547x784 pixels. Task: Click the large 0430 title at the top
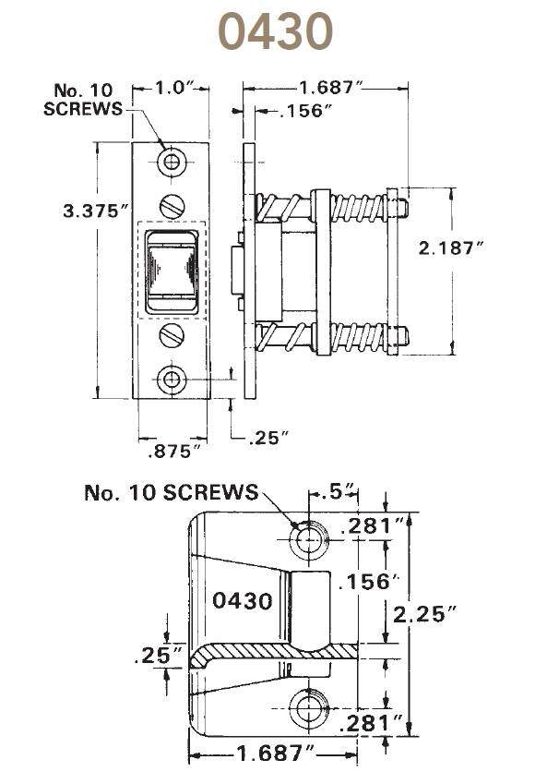275,32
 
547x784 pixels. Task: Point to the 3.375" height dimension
93,211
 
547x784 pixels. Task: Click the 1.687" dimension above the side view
329,88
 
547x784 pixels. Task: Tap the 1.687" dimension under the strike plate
270,753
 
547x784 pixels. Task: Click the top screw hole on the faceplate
170,163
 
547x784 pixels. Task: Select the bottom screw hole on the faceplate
170,379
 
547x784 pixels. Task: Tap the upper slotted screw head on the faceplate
170,203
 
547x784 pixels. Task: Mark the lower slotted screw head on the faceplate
170,333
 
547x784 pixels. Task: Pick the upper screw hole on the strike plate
307,538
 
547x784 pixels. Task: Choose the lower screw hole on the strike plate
307,709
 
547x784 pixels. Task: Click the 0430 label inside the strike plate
243,601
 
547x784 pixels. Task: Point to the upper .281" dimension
373,527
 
